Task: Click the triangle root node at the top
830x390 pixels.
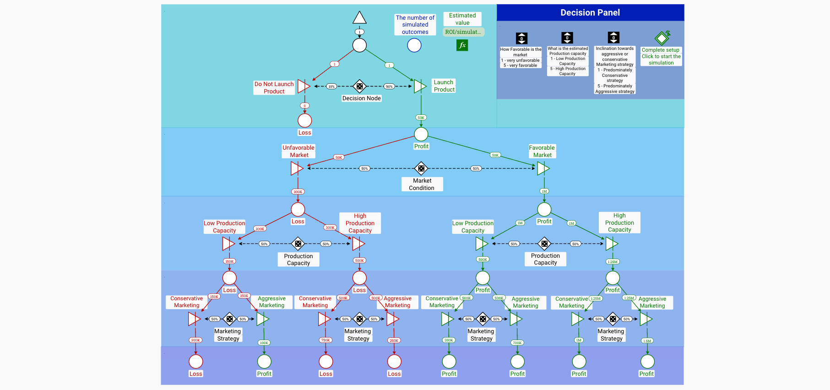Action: (359, 18)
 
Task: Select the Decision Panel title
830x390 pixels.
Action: (590, 13)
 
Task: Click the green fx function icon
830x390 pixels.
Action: (462, 45)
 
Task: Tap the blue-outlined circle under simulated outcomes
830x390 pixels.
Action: (414, 45)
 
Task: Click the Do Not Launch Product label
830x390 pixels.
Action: (274, 87)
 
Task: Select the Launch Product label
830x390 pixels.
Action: (444, 86)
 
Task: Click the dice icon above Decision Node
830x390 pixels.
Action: (360, 86)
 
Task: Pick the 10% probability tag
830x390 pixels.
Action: (331, 86)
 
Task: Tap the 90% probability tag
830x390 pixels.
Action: (389, 86)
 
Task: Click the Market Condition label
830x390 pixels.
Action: (422, 184)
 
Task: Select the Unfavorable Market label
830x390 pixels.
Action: (298, 151)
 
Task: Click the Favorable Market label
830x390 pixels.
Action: (542, 151)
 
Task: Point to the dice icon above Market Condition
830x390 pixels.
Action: (421, 168)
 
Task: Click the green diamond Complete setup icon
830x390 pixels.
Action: (662, 38)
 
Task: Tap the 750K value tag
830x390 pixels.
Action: (325, 340)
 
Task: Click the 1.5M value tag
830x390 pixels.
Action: (647, 341)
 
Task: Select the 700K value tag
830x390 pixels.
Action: (517, 342)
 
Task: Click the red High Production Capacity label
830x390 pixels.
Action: (360, 223)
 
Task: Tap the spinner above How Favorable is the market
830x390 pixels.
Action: (521, 38)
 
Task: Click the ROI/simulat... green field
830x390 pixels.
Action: (463, 32)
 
